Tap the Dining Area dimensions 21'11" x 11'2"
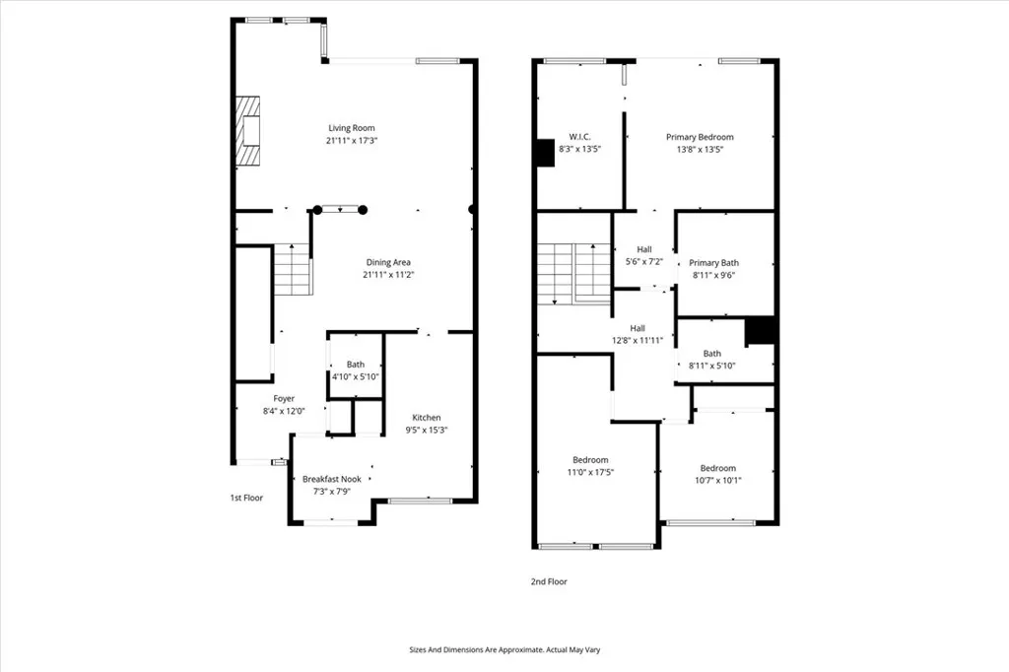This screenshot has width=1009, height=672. (x=388, y=275)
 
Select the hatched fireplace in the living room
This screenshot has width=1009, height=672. (x=247, y=131)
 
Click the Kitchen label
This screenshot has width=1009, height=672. (x=426, y=418)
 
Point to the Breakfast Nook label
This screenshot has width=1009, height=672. (x=332, y=479)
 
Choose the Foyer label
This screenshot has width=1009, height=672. (x=284, y=398)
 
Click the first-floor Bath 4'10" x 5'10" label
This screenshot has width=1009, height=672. (x=355, y=370)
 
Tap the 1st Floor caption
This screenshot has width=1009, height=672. (x=246, y=498)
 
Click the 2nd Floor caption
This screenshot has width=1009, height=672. (x=549, y=581)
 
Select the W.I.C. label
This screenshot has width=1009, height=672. (x=579, y=136)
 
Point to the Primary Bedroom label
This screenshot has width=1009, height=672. (x=700, y=136)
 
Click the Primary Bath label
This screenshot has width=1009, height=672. (x=713, y=263)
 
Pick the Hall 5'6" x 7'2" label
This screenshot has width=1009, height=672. (x=644, y=255)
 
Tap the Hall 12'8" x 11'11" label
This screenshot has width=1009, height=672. (x=638, y=334)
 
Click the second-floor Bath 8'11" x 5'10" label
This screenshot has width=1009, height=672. (x=711, y=360)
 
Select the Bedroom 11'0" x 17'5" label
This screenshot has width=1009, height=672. (x=590, y=466)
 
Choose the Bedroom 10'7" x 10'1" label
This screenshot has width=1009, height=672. (x=718, y=474)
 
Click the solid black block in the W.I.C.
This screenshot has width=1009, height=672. (x=545, y=153)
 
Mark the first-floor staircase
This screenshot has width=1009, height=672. (x=294, y=269)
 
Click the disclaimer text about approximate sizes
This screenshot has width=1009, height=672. (x=504, y=649)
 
